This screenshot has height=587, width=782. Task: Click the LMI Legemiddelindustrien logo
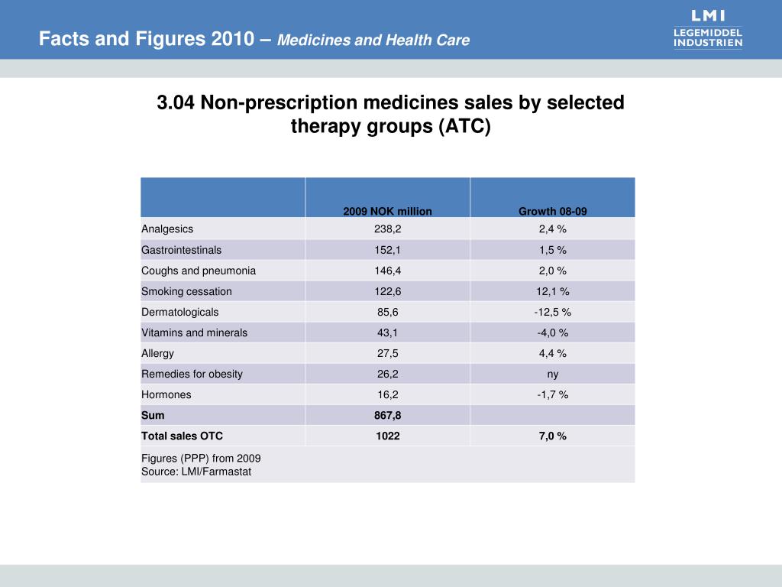coord(708,29)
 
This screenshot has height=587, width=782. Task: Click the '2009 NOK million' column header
coord(387,211)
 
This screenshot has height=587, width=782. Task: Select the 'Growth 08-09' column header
coord(553,211)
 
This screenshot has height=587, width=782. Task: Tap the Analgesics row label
coord(167,229)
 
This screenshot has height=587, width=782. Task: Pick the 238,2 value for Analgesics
coord(387,229)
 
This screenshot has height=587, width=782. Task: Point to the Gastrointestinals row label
coord(181,250)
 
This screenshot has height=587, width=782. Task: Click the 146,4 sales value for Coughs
coord(387,271)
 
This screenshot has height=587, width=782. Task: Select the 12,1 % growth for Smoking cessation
coord(553,291)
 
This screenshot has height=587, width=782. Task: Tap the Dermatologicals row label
coord(179,312)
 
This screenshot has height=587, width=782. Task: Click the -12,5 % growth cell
coord(553,312)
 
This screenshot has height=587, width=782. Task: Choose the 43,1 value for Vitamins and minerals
coord(387,332)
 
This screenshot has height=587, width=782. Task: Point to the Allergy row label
coord(157,353)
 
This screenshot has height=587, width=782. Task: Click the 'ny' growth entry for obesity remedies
coord(553,375)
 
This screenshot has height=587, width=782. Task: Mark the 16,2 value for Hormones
coord(387,394)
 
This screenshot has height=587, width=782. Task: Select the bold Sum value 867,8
coord(387,415)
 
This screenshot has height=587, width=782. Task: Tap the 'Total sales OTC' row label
coord(182,436)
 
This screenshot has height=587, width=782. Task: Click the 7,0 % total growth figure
coord(553,436)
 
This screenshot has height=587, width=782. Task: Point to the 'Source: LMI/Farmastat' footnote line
coord(196,472)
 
